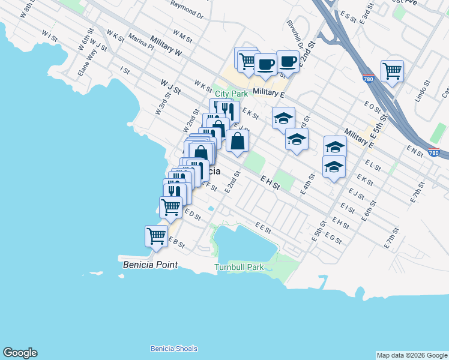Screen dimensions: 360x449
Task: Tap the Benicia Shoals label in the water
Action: pos(173,349)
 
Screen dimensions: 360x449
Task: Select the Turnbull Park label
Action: pos(239,267)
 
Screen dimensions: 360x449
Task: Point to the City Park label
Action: pos(231,94)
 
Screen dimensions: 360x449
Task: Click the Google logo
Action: pos(20,353)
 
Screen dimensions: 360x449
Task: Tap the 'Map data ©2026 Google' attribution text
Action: pos(412,355)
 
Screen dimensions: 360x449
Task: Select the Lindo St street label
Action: pos(423,92)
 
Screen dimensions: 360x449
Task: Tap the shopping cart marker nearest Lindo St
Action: pos(391,71)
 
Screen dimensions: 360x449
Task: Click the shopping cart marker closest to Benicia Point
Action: pos(156,236)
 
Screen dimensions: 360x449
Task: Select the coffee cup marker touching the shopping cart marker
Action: pos(265,64)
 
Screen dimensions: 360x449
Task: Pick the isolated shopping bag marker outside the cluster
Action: pos(238,142)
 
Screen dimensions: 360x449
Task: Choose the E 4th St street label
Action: pos(309,181)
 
